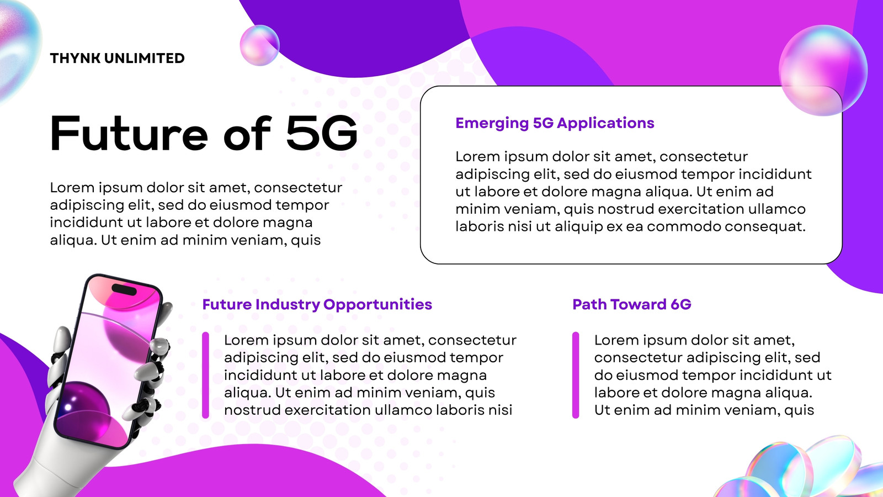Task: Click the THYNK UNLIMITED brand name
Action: (117, 59)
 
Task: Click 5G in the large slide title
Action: (322, 133)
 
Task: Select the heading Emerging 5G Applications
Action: (555, 123)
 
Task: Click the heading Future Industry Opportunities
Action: (317, 304)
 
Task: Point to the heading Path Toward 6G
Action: (631, 304)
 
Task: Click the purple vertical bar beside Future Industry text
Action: (205, 375)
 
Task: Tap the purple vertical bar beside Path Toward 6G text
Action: (576, 375)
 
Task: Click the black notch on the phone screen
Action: (124, 289)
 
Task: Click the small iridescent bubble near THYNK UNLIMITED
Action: (259, 45)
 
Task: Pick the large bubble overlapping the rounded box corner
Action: (823, 70)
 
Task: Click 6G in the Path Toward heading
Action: (681, 304)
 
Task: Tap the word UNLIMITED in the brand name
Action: (145, 59)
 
